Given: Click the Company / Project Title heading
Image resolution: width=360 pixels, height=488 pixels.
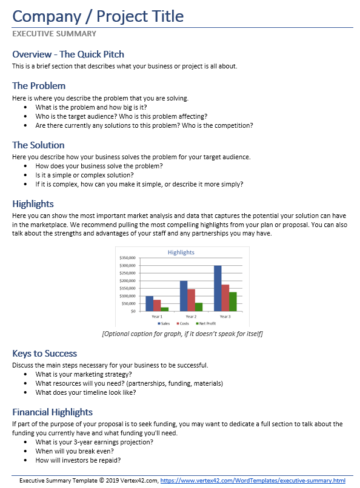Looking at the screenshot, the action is (x=98, y=16).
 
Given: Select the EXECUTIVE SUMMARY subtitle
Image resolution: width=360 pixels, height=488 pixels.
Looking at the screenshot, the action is (x=55, y=34).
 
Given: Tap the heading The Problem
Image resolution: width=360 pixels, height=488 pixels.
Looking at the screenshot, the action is (x=39, y=85).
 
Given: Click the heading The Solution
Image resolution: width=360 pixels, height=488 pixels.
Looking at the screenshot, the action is (x=38, y=145).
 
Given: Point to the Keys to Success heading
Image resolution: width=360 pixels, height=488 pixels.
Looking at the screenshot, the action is (x=44, y=353).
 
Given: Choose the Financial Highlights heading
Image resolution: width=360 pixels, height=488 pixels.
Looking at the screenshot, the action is (x=52, y=412).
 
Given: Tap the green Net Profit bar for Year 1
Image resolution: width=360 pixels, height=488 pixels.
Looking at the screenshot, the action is (x=165, y=309).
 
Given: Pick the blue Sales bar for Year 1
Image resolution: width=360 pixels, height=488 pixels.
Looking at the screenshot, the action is (x=149, y=303).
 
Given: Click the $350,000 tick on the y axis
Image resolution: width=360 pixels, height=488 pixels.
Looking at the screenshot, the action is (x=127, y=258).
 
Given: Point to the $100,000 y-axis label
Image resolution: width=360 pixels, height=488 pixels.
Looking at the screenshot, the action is (x=127, y=296).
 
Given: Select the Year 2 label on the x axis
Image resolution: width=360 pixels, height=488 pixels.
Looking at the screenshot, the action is (x=191, y=317).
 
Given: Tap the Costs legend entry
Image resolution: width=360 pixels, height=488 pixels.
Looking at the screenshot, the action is (x=182, y=324).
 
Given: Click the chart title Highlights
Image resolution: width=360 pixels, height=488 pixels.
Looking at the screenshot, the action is (x=181, y=252).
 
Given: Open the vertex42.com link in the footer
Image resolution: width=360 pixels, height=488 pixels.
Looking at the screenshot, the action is (x=253, y=480).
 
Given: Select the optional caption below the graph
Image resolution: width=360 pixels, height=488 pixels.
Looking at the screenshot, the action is (x=182, y=334).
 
